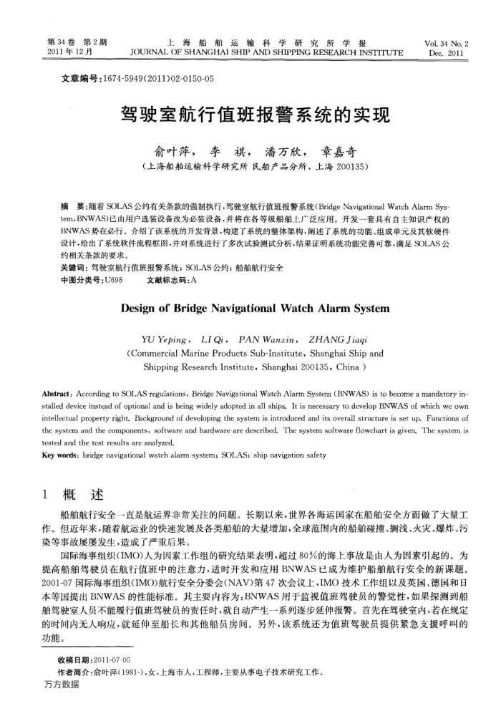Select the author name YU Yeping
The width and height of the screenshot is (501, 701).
coord(165,339)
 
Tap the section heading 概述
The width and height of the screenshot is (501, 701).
coord(83,495)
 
